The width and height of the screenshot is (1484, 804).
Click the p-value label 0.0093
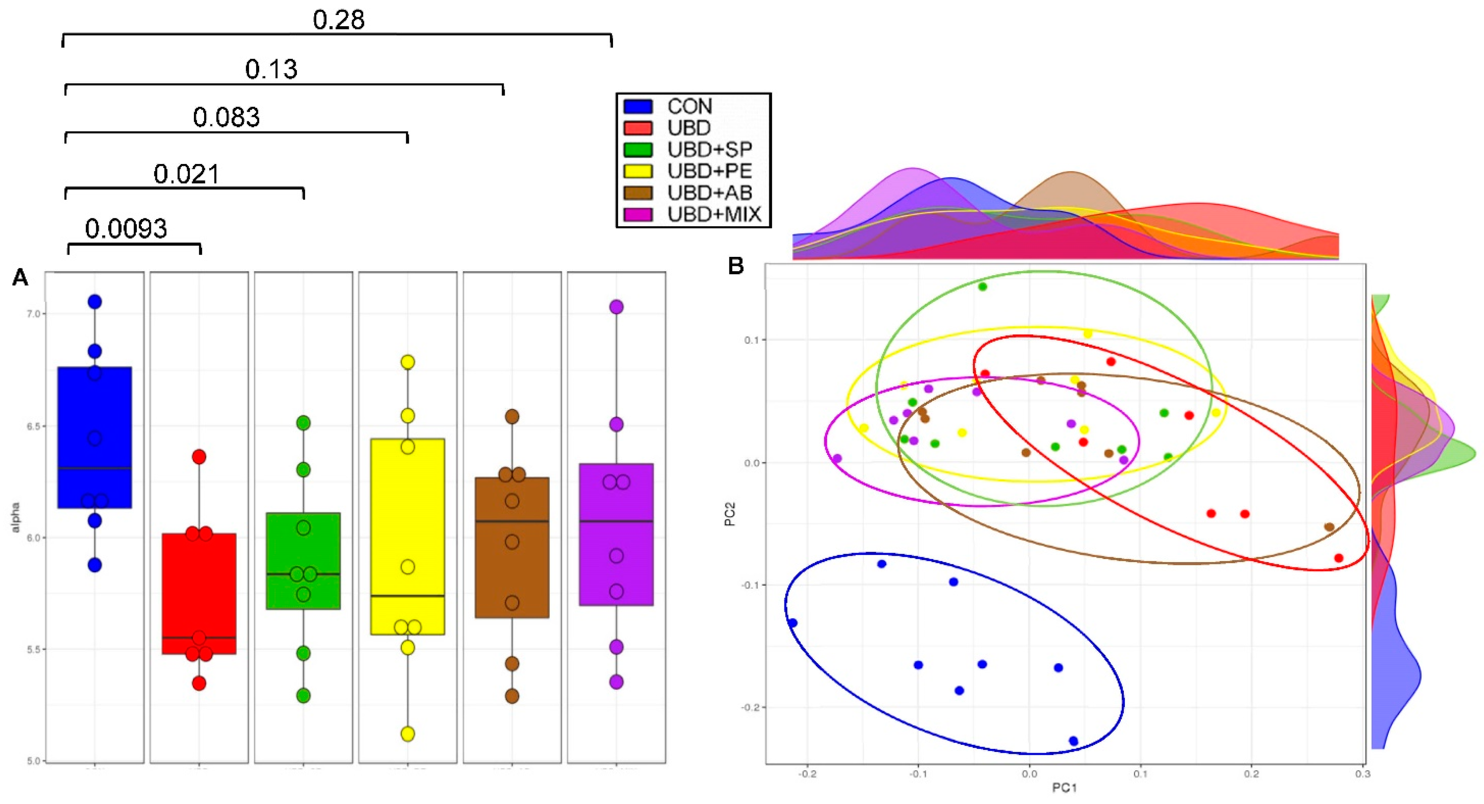tap(126, 229)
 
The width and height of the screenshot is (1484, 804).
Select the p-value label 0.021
tap(186, 174)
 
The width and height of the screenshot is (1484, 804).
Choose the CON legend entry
tap(689, 107)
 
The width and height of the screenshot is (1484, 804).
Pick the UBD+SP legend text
tap(709, 150)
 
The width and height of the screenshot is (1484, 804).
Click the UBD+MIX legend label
tap(714, 214)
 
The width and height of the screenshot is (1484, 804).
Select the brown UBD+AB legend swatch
tap(638, 193)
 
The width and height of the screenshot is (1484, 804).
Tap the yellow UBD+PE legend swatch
tap(638, 172)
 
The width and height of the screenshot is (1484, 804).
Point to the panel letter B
tap(736, 266)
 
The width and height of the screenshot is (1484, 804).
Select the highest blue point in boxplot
tap(94, 301)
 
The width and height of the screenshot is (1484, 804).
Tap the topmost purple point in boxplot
tap(616, 307)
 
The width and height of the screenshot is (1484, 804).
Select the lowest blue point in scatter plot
tap(1073, 741)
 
